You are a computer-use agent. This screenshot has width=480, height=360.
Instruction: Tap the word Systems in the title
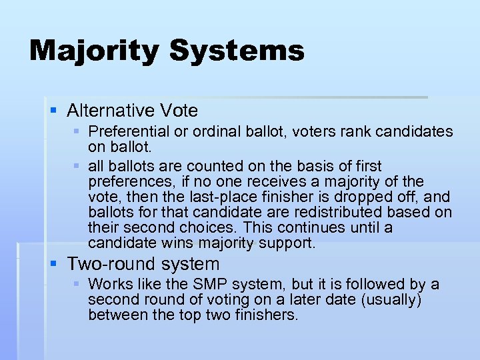click(239, 51)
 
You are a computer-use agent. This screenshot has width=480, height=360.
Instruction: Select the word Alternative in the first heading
click(109, 110)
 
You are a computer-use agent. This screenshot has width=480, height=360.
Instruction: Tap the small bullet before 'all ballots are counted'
click(77, 165)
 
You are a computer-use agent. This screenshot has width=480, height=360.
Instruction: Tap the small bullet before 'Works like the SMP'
click(77, 285)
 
